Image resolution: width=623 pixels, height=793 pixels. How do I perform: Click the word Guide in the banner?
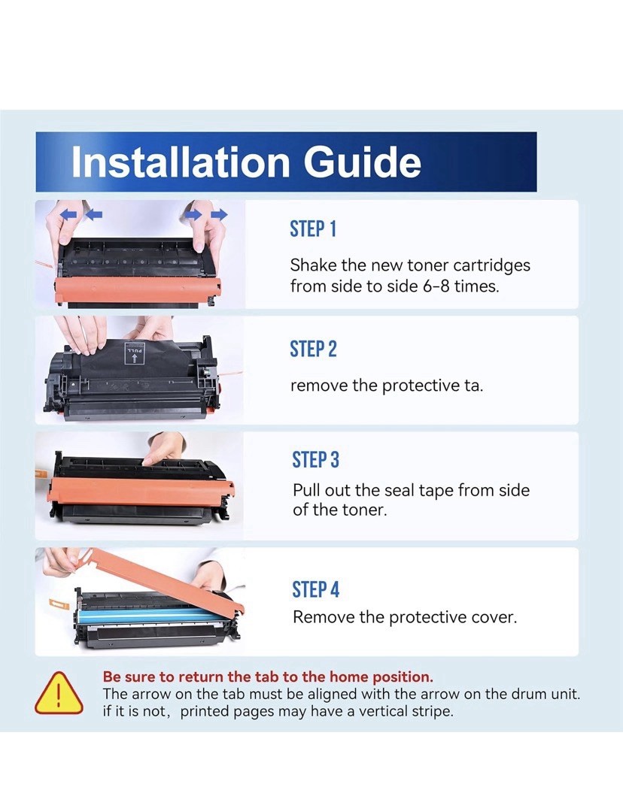coord(363,162)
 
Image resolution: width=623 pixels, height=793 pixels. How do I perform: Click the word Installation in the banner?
coord(180,162)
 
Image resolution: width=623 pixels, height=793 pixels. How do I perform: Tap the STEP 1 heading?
coord(313,229)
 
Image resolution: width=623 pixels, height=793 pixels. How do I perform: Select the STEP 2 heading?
coord(313,349)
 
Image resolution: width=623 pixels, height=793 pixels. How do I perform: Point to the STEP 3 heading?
coord(315,460)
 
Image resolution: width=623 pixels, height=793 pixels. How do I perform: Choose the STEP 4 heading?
coord(315,589)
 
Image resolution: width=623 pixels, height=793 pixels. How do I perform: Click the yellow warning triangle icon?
coord(59,693)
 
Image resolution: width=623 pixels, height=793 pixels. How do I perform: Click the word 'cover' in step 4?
coord(493,618)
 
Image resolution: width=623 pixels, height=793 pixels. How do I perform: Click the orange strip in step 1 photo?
coord(138,290)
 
